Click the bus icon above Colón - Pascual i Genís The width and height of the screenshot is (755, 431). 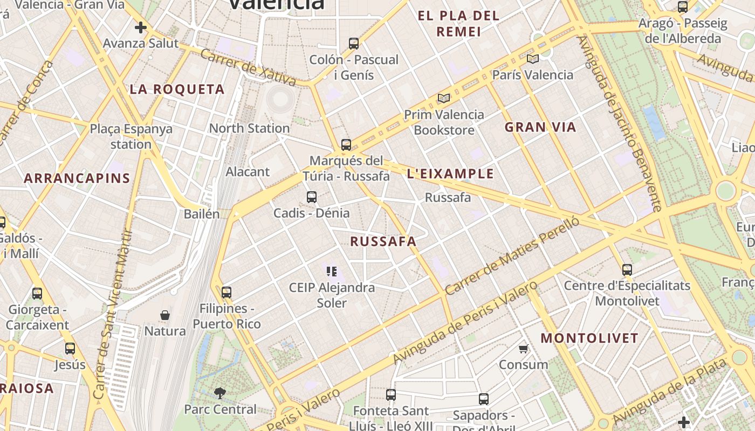coord(354,44)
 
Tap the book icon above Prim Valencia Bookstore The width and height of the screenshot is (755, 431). coord(444,99)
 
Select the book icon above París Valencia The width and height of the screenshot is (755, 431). coord(533,59)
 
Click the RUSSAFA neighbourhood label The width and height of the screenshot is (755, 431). coord(383,241)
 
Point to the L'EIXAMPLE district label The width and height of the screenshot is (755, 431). coord(450,173)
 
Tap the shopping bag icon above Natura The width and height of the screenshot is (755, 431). coord(165,315)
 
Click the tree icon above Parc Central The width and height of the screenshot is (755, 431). coord(220,393)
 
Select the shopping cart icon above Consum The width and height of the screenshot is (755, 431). coord(523,349)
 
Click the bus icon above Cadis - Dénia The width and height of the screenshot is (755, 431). coord(312,197)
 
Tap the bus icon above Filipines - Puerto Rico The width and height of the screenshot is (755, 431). coord(226,293)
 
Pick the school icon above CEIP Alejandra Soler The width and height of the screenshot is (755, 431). coord(332,272)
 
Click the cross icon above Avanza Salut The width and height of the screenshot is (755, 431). coord(141,27)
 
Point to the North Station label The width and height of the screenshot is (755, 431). coord(249,128)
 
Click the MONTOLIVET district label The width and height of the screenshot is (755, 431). coord(589,338)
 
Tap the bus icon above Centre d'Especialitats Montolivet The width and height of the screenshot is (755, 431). coord(627,270)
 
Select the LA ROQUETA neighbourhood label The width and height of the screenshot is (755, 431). coord(177,89)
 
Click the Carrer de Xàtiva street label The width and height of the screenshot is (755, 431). coord(248,68)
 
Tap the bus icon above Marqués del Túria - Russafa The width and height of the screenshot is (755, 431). coord(346,145)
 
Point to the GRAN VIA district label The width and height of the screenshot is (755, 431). coord(540,127)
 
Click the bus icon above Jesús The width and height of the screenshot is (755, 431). coord(70,349)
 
